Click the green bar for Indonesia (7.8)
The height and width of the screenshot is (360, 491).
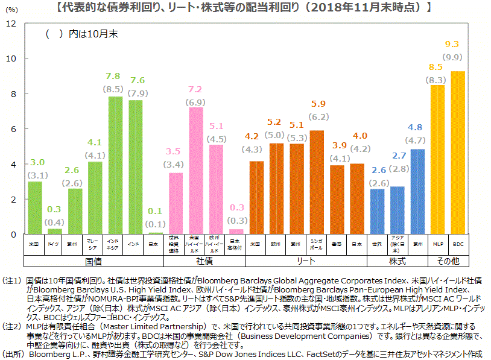pos(115,165)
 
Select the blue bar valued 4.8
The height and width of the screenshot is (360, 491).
pos(417,192)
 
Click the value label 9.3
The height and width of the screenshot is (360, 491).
pos(452,44)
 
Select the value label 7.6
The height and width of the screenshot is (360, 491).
pos(138,80)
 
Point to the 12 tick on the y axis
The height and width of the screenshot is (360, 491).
pos(11,24)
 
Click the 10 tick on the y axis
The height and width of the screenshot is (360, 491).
pos(11,58)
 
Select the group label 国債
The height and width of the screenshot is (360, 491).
pos(93,261)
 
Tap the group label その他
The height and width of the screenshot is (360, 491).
pos(448,261)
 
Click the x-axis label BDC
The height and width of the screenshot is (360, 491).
pos(458,244)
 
